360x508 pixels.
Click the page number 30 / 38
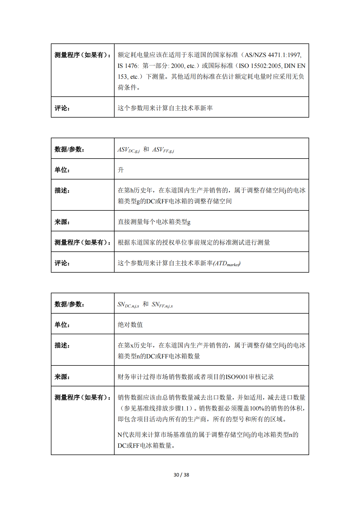click(181, 475)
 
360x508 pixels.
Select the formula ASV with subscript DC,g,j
click(128, 150)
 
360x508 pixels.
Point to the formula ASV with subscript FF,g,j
click(163, 150)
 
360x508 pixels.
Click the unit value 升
click(121, 170)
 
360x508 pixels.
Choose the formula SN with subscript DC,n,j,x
click(128, 305)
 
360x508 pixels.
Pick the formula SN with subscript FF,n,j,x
click(162, 305)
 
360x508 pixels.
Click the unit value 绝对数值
click(130, 325)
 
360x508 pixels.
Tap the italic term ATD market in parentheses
click(227, 263)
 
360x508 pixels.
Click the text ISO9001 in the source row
click(237, 377)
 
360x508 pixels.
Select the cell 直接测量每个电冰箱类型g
click(154, 222)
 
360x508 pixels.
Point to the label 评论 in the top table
click(62, 108)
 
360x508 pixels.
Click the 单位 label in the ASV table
click(62, 170)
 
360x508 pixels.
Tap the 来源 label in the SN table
click(62, 377)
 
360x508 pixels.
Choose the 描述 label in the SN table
click(62, 345)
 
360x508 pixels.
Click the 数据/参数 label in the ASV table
click(69, 149)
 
